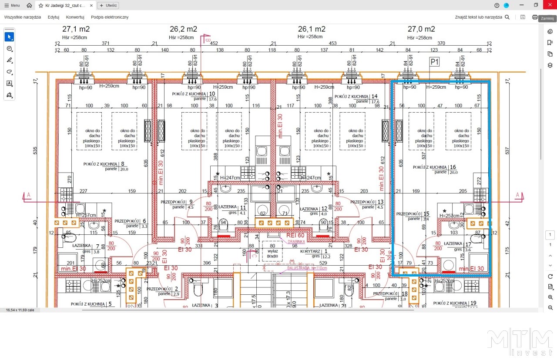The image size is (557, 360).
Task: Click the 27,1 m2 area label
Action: [76, 29]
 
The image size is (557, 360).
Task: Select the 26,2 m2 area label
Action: [183, 29]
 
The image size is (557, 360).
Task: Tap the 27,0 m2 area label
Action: [421, 29]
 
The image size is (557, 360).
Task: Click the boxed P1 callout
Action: [434, 62]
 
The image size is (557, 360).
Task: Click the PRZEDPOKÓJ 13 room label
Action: [368, 202]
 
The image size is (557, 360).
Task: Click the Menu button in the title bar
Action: [12, 6]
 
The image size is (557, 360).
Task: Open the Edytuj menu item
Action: [54, 17]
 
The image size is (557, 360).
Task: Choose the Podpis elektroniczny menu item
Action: [110, 17]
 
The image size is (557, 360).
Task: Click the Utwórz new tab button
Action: [108, 6]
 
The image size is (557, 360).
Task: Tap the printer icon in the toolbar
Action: [535, 17]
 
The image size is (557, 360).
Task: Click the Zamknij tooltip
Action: [547, 19]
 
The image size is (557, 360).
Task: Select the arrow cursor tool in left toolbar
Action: [9, 37]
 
